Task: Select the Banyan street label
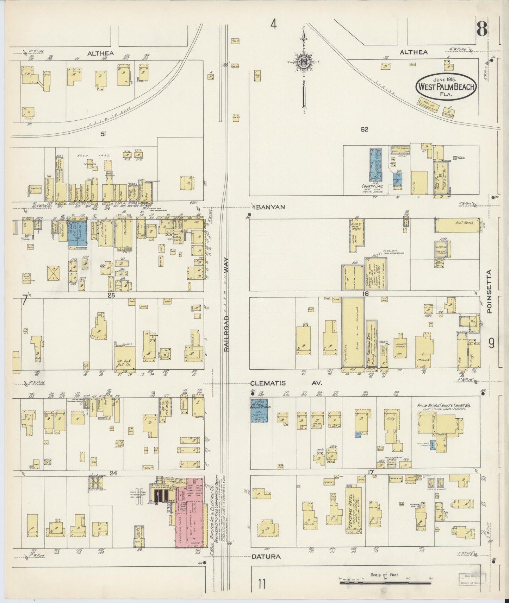(x=270, y=208)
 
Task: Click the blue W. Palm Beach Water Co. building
(x=259, y=411)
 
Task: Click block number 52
(x=364, y=129)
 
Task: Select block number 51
(x=103, y=134)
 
